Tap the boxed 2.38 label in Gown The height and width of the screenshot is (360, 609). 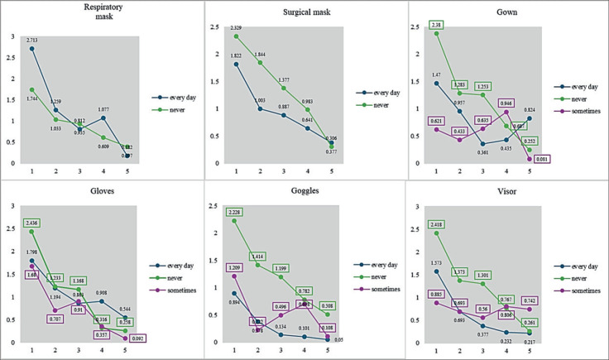click(436, 25)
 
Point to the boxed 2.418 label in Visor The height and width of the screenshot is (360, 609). click(436, 224)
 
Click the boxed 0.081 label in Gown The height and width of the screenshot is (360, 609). click(565, 159)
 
